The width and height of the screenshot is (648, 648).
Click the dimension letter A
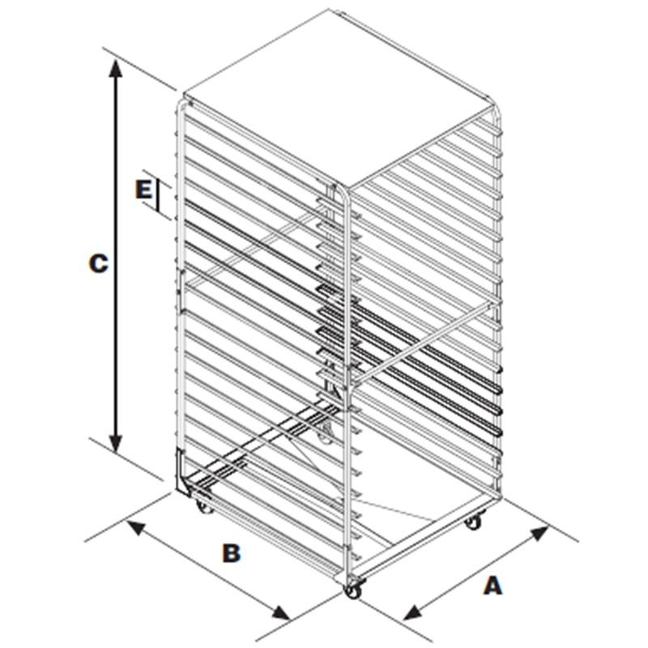pyautogui.click(x=492, y=586)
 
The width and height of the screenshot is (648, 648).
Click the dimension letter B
pyautogui.click(x=231, y=552)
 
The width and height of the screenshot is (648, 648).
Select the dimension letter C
pyautogui.click(x=98, y=263)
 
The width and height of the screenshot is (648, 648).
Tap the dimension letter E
pyautogui.click(x=143, y=190)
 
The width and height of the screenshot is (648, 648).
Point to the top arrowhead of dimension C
pyautogui.click(x=116, y=68)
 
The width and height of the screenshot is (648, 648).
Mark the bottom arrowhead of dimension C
pyautogui.click(x=116, y=442)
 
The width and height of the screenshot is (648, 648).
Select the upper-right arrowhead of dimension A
pyautogui.click(x=539, y=533)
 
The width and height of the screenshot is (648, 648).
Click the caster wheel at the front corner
pyautogui.click(x=353, y=590)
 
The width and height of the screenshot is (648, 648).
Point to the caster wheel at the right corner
pyautogui.click(x=474, y=522)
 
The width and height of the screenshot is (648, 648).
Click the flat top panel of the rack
pyautogui.click(x=339, y=97)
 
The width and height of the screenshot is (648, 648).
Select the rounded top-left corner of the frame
pyautogui.click(x=182, y=104)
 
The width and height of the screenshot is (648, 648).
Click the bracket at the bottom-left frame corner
pyautogui.click(x=181, y=471)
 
